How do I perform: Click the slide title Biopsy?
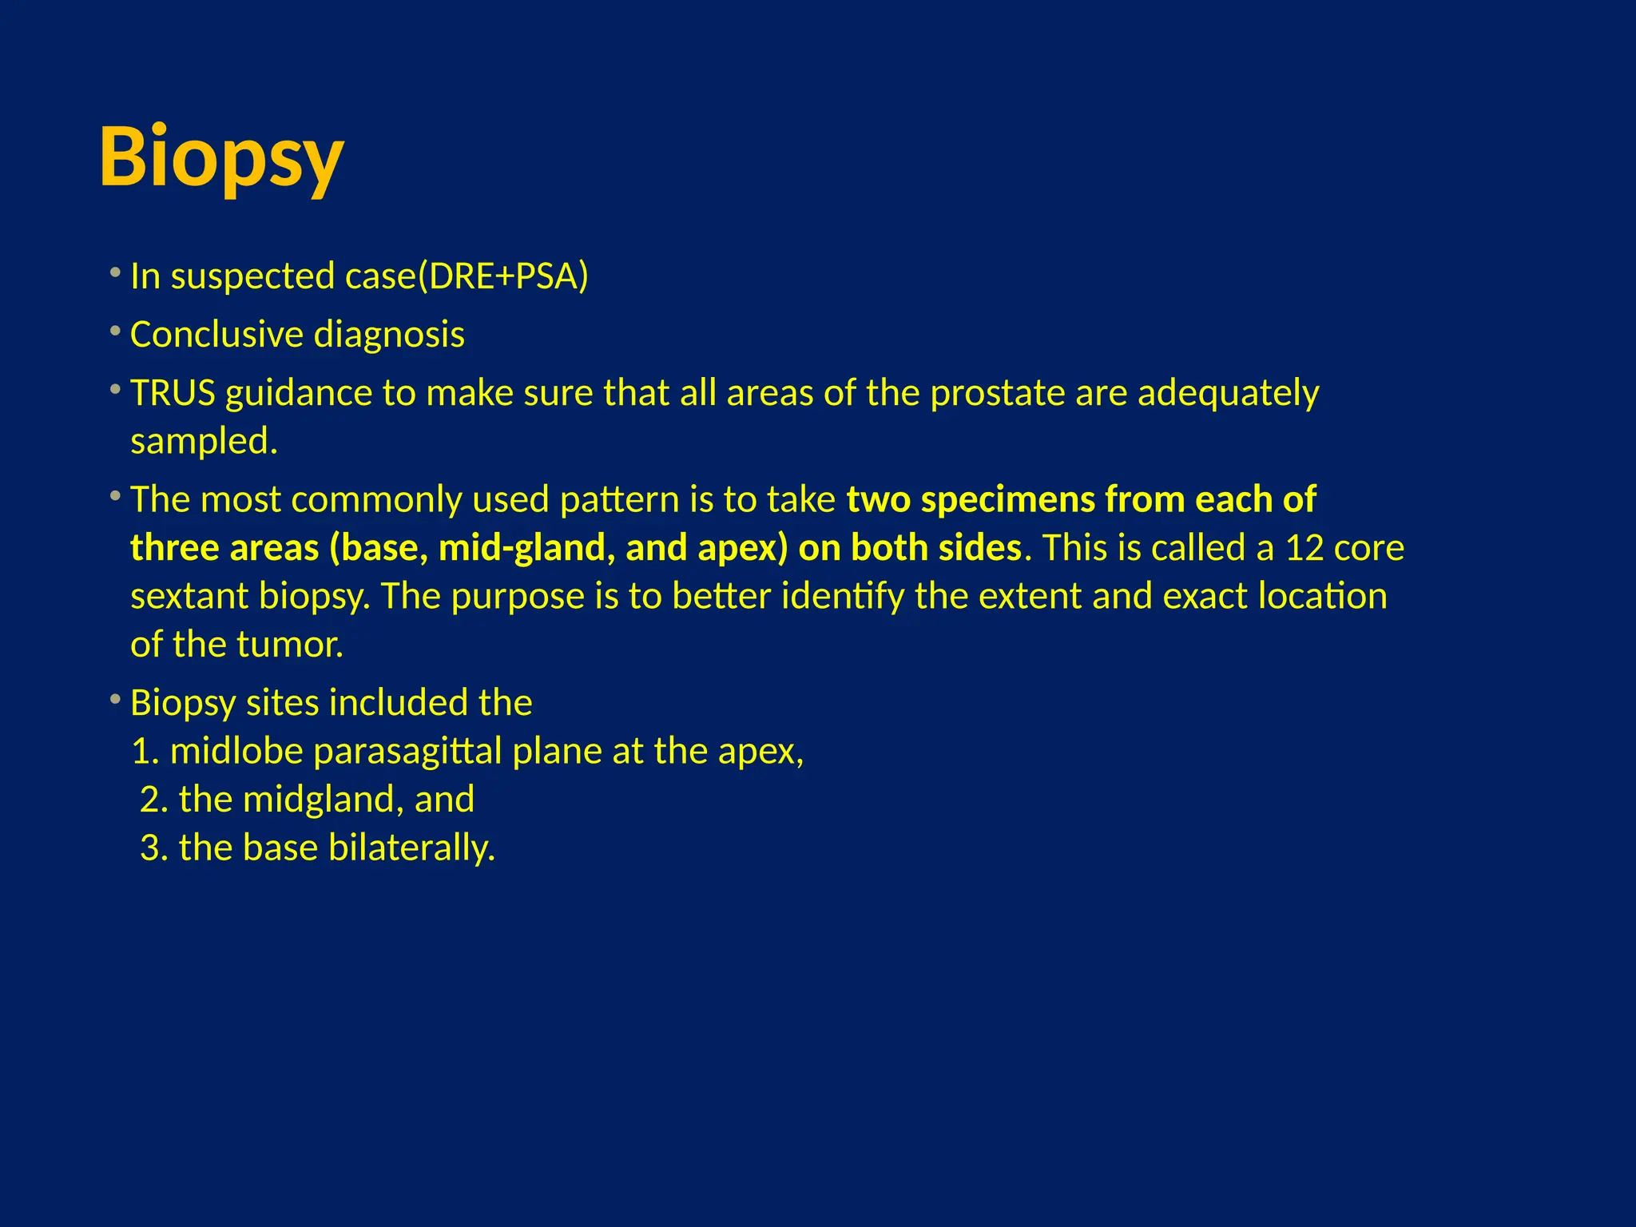221,157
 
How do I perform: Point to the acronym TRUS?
173,393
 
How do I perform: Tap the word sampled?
204,442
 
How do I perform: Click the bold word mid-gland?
526,549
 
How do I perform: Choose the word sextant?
189,597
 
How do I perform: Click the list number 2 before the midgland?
153,800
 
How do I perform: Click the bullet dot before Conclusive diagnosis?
116,330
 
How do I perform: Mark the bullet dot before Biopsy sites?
116,699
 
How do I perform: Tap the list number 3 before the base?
153,848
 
